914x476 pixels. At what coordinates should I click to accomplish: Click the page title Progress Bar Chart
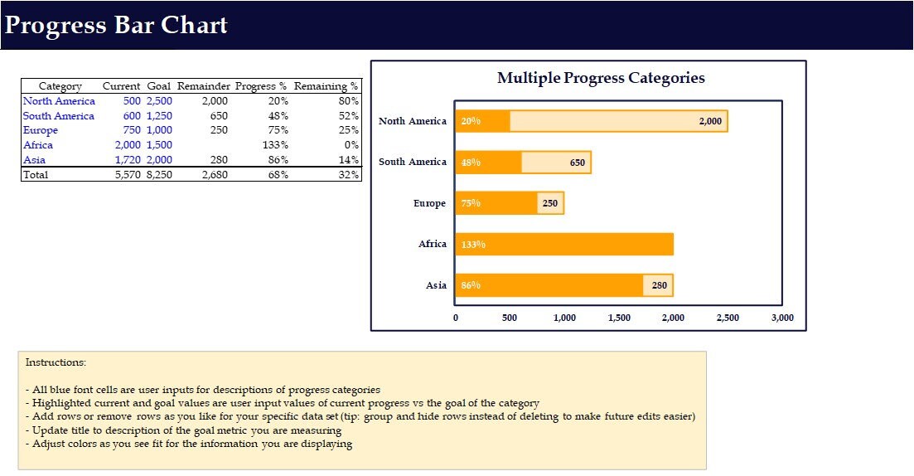[x=116, y=25]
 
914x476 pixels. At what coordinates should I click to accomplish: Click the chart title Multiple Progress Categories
[x=601, y=78]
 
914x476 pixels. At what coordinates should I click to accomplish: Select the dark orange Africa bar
[x=563, y=245]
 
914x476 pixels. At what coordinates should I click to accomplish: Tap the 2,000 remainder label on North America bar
[x=710, y=121]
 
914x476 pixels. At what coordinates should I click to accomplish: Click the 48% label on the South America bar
[x=471, y=163]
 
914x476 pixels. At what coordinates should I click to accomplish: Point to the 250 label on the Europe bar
[x=550, y=203]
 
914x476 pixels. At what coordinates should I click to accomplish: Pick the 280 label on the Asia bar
[x=660, y=285]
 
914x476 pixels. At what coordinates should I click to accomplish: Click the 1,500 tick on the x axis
[x=619, y=318]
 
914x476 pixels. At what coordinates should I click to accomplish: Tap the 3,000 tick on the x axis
[x=782, y=318]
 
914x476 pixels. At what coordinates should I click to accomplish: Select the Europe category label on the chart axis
[x=429, y=203]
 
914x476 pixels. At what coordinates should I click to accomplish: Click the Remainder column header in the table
[x=202, y=86]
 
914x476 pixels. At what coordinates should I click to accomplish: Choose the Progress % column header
[x=261, y=86]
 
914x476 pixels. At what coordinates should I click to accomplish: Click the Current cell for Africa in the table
[x=128, y=145]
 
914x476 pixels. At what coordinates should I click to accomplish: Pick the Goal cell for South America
[x=159, y=116]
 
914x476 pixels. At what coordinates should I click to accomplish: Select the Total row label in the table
[x=36, y=175]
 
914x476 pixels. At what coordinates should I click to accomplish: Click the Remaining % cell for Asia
[x=349, y=160]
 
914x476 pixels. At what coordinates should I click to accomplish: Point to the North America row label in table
[x=59, y=101]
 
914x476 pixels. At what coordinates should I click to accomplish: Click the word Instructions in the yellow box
[x=56, y=362]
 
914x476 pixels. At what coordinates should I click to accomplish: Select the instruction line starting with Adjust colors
[x=189, y=444]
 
